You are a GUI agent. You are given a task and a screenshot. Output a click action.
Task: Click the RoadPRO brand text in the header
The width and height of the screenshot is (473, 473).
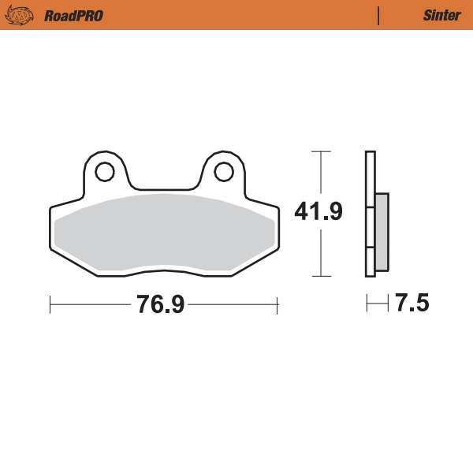pyautogui.click(x=73, y=15)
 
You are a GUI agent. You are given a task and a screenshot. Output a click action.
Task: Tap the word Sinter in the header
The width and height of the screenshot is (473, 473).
pyautogui.click(x=436, y=15)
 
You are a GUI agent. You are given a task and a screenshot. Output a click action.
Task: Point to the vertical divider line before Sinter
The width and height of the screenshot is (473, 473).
pyautogui.click(x=379, y=15)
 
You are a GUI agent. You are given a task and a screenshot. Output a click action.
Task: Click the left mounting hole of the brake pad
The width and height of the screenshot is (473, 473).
pyautogui.click(x=104, y=169)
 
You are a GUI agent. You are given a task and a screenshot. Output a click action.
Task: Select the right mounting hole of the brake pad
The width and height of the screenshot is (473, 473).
pyautogui.click(x=223, y=169)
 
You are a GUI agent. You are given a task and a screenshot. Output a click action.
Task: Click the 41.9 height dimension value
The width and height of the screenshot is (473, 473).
pyautogui.click(x=318, y=212)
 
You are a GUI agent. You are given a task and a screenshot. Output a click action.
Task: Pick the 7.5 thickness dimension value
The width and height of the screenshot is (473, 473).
pyautogui.click(x=412, y=304)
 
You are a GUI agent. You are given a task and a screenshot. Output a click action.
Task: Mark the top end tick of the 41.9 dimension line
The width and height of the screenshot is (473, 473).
pyautogui.click(x=319, y=151)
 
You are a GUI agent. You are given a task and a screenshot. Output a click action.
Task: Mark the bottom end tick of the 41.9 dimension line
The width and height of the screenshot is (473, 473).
pyautogui.click(x=319, y=276)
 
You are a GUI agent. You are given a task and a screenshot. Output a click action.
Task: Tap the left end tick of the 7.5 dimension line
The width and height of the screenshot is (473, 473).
pyautogui.click(x=367, y=304)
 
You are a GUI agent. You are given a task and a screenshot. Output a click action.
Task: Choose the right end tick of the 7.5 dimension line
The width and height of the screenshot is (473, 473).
pyautogui.click(x=389, y=304)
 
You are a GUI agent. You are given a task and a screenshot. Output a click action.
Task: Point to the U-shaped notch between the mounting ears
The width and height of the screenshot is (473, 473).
pyautogui.click(x=163, y=188)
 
